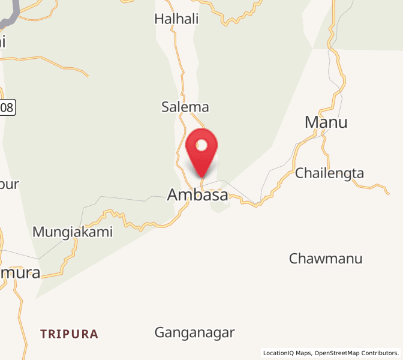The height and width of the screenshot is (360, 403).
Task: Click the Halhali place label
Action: coord(176,19)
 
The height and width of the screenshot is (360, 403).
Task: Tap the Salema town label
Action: coord(185,107)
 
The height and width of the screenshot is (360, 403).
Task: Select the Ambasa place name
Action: coord(197,195)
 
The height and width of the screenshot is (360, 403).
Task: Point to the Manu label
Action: coord(326,122)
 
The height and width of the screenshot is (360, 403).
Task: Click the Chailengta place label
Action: coord(329,173)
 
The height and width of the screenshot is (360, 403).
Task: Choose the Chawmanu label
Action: coord(326,259)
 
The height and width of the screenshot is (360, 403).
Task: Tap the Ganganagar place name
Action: coord(194,332)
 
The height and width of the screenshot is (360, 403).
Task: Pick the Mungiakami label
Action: coord(73,232)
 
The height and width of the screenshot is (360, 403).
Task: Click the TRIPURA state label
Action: coord(69,334)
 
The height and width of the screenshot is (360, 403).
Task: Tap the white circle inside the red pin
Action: coord(202,145)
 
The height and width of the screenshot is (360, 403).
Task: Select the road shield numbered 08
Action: coord(7,107)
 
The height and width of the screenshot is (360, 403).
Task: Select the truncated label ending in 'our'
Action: coord(10,184)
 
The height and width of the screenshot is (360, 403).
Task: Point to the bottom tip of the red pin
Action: coord(202,177)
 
